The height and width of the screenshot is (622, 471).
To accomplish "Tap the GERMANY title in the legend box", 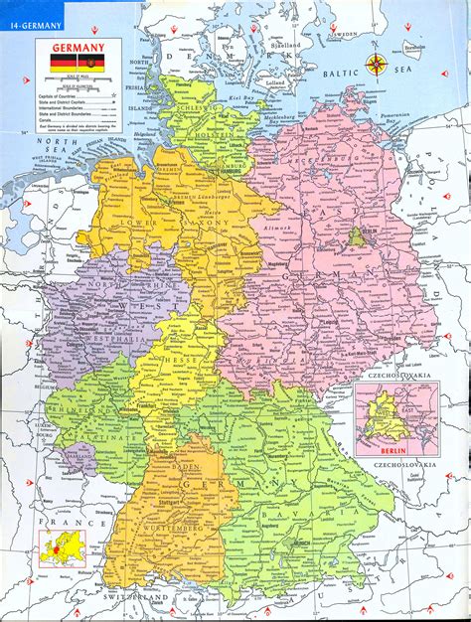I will point(78,46).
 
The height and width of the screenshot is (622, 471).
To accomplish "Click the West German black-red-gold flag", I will point(63,62).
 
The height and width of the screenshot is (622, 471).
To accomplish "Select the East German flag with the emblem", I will point(92,62).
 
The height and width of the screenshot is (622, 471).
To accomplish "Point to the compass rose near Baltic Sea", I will point(377,66).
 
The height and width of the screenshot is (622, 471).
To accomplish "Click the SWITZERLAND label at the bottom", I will point(134,599).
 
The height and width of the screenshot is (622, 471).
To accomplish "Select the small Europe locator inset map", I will point(60,546).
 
